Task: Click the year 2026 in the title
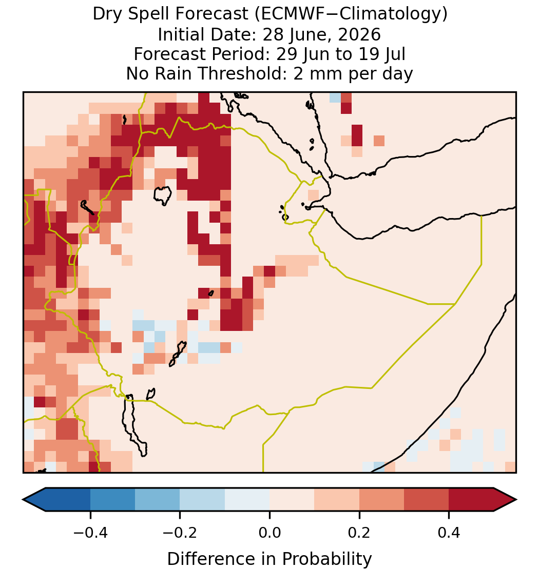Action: (359, 34)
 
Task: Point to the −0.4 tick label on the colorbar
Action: (90, 533)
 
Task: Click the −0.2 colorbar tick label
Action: (180, 533)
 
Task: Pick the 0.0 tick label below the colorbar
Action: (269, 533)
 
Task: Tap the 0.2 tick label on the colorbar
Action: (359, 533)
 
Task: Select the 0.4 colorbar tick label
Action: (449, 533)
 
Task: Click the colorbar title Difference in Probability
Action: (269, 559)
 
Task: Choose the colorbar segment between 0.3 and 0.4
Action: (427, 500)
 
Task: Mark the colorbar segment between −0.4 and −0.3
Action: (112, 500)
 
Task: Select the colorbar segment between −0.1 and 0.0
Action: (247, 500)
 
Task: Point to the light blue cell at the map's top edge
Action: (335, 97)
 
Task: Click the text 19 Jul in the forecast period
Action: (382, 54)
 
